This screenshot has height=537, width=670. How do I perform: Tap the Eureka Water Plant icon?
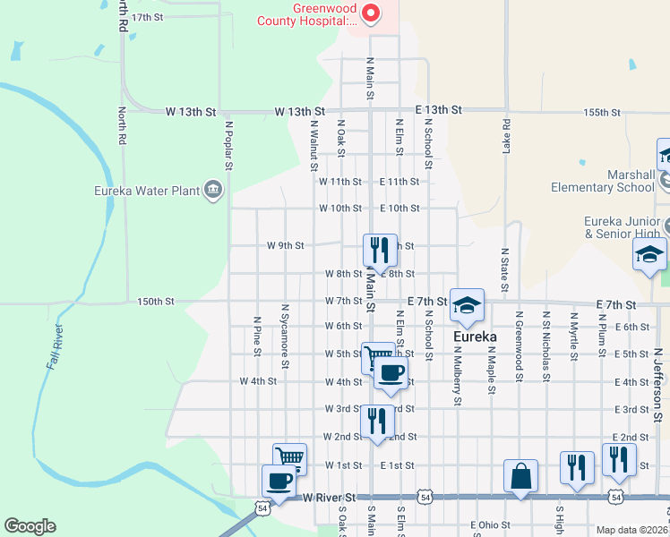(213, 189)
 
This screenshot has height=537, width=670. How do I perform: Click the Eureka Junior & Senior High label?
(622, 227)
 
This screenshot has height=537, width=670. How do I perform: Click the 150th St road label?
(156, 302)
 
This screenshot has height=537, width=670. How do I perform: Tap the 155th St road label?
(602, 113)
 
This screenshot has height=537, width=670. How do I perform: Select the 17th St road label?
(148, 17)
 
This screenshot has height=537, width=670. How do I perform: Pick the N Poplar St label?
(228, 145)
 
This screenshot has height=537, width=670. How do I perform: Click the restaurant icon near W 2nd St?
(377, 422)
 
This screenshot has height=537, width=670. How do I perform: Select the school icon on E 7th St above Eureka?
(467, 305)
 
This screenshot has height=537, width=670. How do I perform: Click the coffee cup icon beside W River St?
(279, 482)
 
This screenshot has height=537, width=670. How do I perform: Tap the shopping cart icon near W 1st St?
(289, 459)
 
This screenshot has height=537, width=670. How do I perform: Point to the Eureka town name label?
(472, 337)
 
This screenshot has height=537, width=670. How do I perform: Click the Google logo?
(30, 526)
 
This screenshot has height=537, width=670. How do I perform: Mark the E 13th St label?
(438, 109)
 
